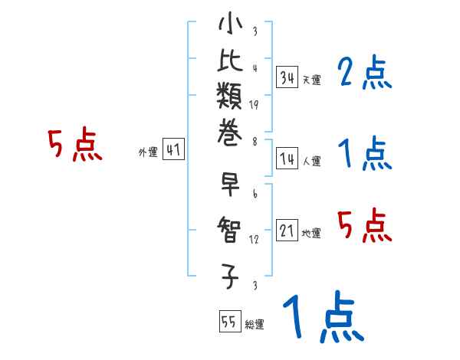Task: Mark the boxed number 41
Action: coord(173,151)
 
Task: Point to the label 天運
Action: coord(311,80)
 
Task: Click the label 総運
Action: coord(255,325)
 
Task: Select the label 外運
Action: coord(148,152)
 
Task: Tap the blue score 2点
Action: coord(365,74)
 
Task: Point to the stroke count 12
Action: coord(254,240)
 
